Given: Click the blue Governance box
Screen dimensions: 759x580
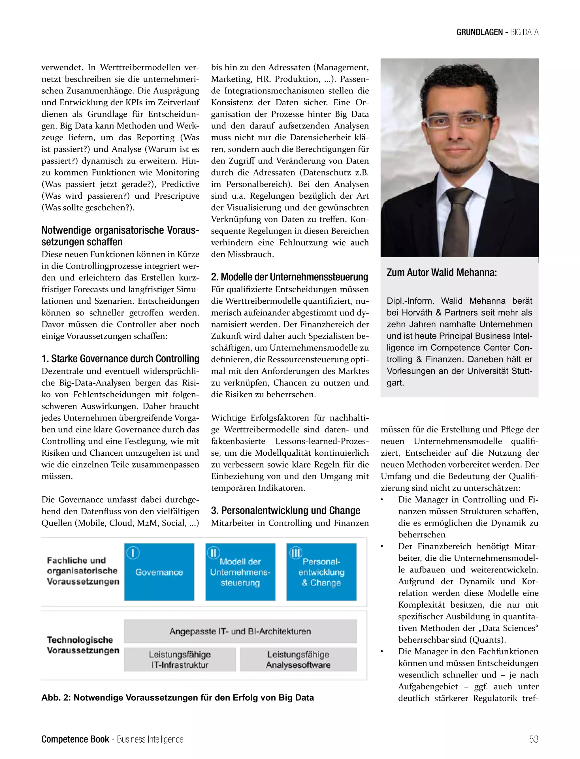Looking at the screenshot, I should click(x=159, y=572).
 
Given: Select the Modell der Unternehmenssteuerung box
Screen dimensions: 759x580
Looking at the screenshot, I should click(x=240, y=572).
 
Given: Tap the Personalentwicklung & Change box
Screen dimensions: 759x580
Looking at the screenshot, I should click(x=321, y=572).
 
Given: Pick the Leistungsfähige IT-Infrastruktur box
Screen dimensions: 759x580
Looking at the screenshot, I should click(x=180, y=659).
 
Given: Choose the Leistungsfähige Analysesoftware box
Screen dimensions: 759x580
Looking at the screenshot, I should click(x=298, y=659).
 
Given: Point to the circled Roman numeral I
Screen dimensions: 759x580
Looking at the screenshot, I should click(x=133, y=553).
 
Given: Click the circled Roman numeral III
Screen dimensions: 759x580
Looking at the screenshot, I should click(x=296, y=553).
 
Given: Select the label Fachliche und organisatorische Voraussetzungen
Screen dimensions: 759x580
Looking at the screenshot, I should click(x=83, y=571).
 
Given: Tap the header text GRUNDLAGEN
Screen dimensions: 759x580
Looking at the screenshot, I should click(x=479, y=33).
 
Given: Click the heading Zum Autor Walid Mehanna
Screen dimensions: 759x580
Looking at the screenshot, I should click(x=442, y=273).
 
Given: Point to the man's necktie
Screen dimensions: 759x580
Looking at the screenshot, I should click(x=458, y=221).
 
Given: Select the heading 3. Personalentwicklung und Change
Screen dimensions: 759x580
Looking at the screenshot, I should click(x=285, y=511).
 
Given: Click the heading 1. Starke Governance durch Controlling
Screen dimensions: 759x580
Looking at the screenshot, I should click(x=120, y=359).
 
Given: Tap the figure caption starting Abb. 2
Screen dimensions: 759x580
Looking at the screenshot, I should click(x=178, y=698).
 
